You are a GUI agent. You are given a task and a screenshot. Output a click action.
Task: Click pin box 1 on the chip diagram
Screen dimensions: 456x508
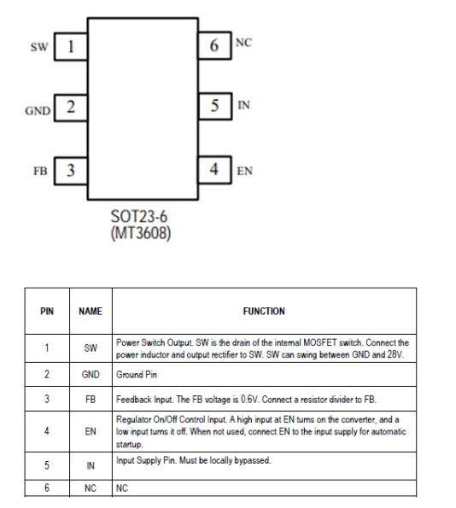[71, 47]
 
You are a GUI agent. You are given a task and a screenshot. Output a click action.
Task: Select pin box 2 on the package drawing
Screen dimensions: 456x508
[71, 108]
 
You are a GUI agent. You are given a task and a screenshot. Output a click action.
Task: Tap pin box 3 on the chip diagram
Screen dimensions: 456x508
[71, 171]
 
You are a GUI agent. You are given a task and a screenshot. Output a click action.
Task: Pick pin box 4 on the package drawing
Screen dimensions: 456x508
[214, 170]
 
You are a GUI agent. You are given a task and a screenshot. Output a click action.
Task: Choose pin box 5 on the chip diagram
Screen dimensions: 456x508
[214, 106]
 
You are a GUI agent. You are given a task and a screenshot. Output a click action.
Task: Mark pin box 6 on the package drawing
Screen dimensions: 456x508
[214, 45]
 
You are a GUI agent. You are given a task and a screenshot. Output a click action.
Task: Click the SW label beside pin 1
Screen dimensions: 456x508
[39, 47]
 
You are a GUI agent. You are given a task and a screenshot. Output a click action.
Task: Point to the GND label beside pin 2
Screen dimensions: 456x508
[38, 111]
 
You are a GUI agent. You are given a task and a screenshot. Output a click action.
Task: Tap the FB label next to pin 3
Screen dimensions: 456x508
[40, 171]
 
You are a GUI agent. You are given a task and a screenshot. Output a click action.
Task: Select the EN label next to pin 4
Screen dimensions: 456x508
[245, 171]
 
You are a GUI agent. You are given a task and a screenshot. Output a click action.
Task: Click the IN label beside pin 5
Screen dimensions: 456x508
[243, 105]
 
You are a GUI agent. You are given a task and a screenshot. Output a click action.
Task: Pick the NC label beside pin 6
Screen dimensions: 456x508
[243, 43]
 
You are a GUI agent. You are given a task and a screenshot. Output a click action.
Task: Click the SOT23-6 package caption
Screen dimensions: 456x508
[139, 216]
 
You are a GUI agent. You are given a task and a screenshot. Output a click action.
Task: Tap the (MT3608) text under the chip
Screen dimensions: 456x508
[141, 233]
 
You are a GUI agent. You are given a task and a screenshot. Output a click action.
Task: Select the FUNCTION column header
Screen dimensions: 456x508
[264, 312]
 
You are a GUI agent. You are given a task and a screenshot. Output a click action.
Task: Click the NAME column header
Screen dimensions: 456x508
[91, 312]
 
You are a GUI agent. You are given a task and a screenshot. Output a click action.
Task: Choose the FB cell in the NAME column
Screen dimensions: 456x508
[91, 400]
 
